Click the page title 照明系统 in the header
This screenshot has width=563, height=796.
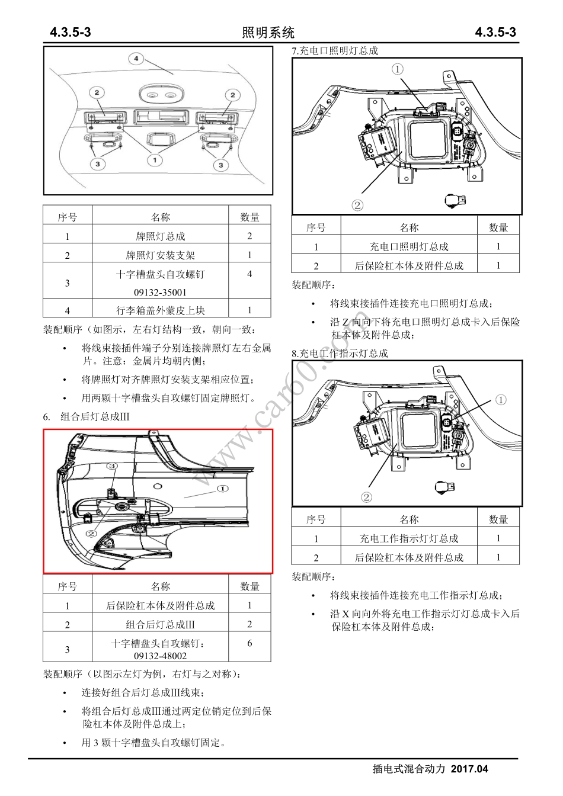coord(268,33)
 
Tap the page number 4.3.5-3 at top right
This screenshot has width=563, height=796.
coord(495,33)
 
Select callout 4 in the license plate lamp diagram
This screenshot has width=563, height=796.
coord(136,59)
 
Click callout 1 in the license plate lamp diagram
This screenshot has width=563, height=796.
coord(155,160)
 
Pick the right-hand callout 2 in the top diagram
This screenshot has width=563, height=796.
coord(233,95)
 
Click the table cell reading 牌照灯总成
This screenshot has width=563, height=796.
coord(160,236)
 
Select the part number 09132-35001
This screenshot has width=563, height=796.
coord(160,292)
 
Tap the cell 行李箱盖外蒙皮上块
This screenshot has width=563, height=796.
coord(160,310)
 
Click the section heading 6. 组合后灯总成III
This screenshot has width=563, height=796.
coord(87,416)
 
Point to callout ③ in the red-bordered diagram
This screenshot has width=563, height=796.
coord(111,467)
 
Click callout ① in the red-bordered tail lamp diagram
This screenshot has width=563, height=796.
coord(222,489)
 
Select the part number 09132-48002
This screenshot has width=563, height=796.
coord(160,656)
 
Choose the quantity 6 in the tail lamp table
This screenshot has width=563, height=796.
coord(249,643)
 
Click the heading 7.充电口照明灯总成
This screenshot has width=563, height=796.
coord(335,51)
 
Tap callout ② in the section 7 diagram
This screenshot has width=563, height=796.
coord(357,206)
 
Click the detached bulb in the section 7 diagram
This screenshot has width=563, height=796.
coord(455,201)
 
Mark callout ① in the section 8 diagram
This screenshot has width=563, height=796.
coord(501,400)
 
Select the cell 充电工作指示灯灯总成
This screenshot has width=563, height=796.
coord(409,538)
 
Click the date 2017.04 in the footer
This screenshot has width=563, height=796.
coord(469,769)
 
